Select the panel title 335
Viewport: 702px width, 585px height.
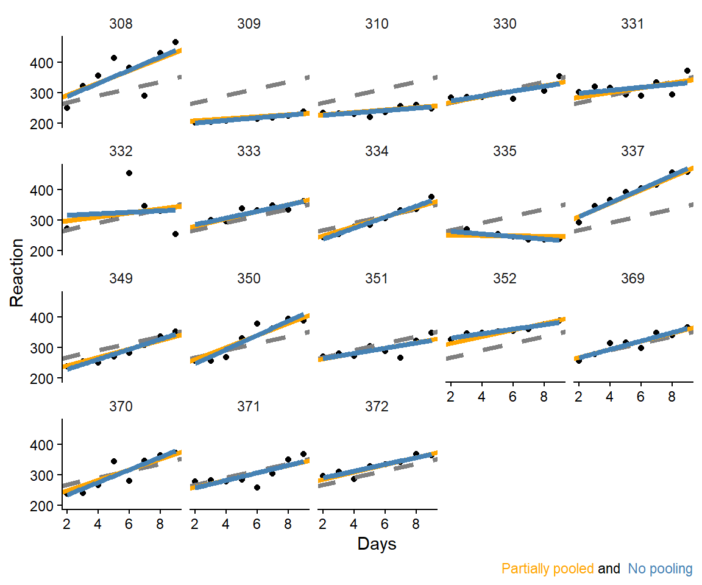pos(505,152)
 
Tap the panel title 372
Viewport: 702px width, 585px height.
pos(377,406)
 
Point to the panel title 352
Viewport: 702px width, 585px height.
pos(505,278)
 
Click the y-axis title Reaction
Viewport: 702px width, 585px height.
pos(18,272)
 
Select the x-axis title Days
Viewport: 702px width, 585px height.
pos(377,544)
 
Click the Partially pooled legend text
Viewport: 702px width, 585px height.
pos(547,569)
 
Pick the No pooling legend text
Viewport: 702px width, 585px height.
pos(661,569)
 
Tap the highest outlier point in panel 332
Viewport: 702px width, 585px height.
pos(129,173)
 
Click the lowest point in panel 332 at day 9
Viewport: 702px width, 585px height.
pos(175,234)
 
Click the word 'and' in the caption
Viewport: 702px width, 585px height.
pos(609,569)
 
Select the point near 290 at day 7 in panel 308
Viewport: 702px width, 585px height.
pos(144,96)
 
